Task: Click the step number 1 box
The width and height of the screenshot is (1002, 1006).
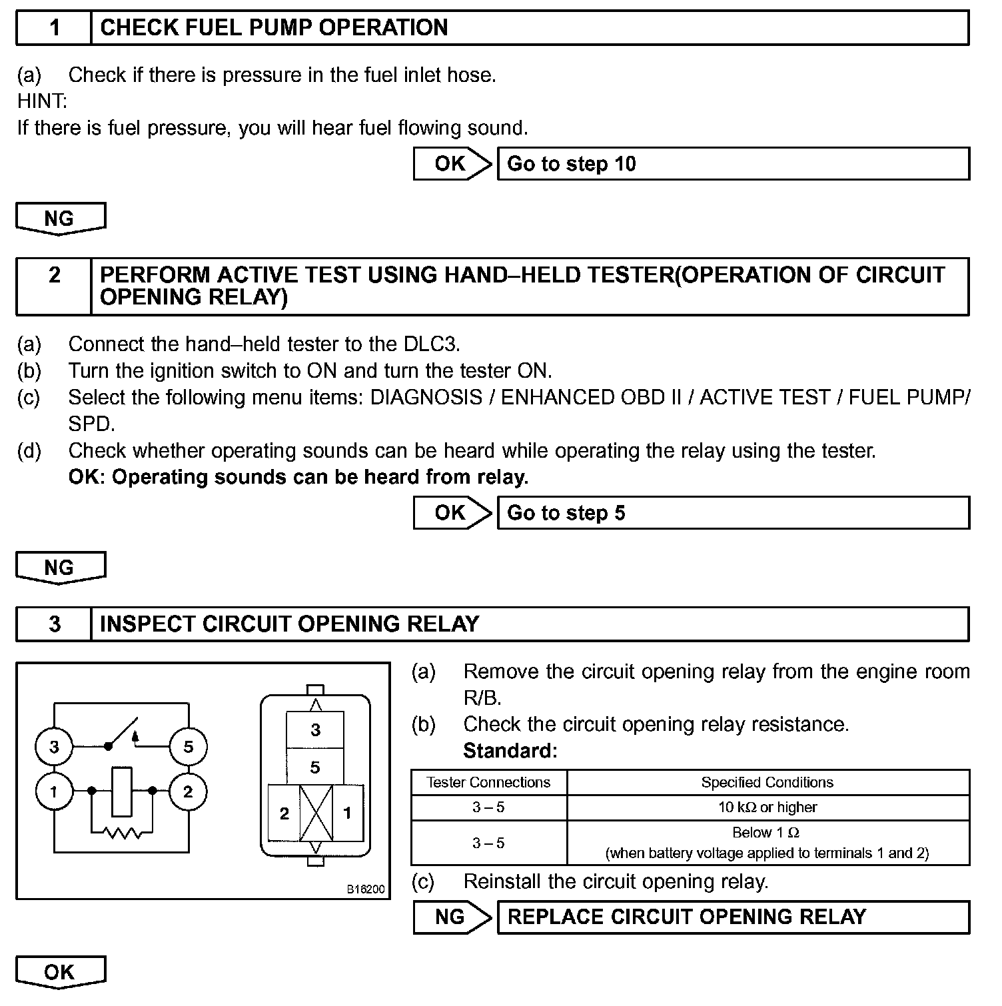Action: point(54,28)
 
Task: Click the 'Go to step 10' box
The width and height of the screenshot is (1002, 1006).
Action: point(733,164)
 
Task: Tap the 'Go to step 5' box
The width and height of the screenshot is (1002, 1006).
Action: point(733,513)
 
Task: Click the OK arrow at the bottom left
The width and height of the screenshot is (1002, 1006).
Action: point(60,973)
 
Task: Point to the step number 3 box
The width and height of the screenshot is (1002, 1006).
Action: point(54,624)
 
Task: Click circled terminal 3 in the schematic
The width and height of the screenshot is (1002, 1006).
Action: point(54,747)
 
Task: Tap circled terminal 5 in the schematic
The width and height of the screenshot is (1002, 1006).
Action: point(188,747)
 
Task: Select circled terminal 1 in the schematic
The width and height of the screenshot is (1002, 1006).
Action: point(54,791)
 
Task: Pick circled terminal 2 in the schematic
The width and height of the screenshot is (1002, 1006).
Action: point(188,791)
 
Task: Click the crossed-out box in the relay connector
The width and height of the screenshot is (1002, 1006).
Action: point(316,813)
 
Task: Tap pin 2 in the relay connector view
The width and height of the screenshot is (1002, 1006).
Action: point(284,813)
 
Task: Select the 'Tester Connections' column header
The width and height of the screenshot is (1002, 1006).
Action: point(488,782)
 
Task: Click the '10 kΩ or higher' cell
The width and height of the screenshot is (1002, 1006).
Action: point(767,807)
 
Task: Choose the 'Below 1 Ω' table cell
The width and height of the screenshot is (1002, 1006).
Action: point(767,843)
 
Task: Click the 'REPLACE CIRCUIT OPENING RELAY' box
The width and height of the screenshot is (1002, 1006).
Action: point(733,917)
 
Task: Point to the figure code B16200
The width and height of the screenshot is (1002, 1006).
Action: point(366,889)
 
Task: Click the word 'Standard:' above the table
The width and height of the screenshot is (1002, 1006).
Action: point(510,752)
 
